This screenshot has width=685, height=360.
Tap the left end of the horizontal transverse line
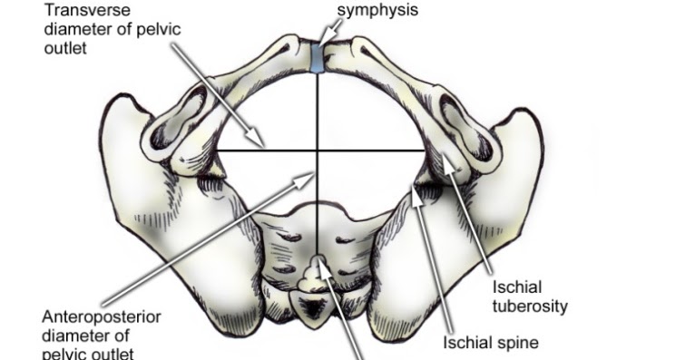pyautogui.click(x=214, y=150)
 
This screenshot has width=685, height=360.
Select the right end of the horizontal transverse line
pyautogui.click(x=423, y=150)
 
